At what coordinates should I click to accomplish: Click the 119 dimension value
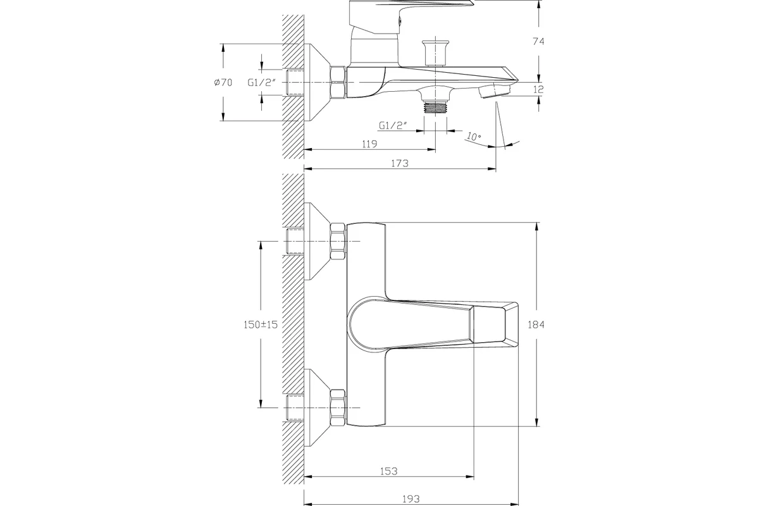[x=369, y=144]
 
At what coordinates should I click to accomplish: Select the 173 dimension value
[x=400, y=163]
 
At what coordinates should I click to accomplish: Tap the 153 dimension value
[x=388, y=471]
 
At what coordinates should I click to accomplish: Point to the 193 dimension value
[x=411, y=499]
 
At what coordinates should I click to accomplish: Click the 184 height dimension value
[x=536, y=324]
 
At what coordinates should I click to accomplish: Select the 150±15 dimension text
[x=261, y=324]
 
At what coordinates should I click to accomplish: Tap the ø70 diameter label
[x=223, y=82]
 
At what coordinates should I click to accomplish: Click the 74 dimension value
[x=538, y=41]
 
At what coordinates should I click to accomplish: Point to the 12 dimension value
[x=538, y=89]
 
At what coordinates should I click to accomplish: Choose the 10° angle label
[x=474, y=137]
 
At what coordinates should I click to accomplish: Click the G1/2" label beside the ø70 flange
[x=262, y=82]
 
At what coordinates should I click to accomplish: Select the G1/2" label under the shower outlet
[x=393, y=126]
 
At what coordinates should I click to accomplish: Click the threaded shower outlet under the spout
[x=435, y=108]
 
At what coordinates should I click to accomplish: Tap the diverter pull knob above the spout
[x=435, y=53]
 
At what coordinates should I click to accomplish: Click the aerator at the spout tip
[x=495, y=91]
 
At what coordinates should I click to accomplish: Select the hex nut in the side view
[x=338, y=82]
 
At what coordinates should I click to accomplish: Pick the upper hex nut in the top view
[x=338, y=241]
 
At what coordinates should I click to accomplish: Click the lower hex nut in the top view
[x=338, y=408]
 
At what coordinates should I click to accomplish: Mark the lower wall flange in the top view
[x=317, y=408]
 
